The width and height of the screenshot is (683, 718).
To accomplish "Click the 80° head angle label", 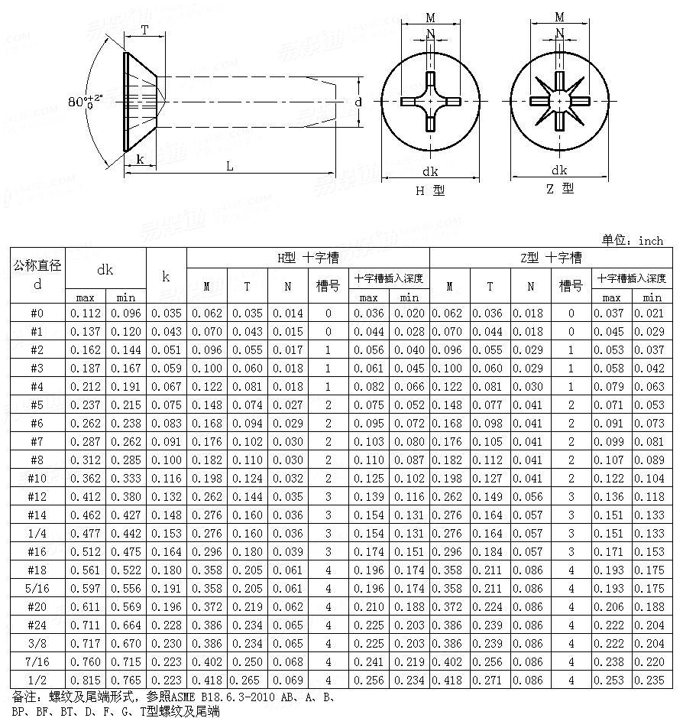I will [x=84, y=102].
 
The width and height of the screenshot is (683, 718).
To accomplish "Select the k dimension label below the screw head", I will [x=140, y=159].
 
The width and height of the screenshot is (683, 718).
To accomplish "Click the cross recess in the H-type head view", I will [x=430, y=101].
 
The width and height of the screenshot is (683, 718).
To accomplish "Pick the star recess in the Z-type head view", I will [x=559, y=101].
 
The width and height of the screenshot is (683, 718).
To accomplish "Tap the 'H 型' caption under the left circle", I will [x=430, y=191].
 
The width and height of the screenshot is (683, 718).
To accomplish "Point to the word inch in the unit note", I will [x=651, y=241].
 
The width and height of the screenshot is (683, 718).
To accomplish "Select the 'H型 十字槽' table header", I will [x=308, y=258].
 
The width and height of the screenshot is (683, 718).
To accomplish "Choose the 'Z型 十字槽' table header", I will [x=550, y=258].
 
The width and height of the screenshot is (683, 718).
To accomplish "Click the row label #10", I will [x=37, y=478].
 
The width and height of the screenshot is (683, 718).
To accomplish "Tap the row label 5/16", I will [x=37, y=588].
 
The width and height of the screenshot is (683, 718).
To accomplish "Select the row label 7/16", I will [x=37, y=661].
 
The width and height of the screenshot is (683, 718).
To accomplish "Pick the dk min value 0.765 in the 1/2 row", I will [x=126, y=680].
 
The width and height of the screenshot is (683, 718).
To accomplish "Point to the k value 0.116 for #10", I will [x=167, y=478].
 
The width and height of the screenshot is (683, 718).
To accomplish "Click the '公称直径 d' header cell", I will [x=37, y=275].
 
